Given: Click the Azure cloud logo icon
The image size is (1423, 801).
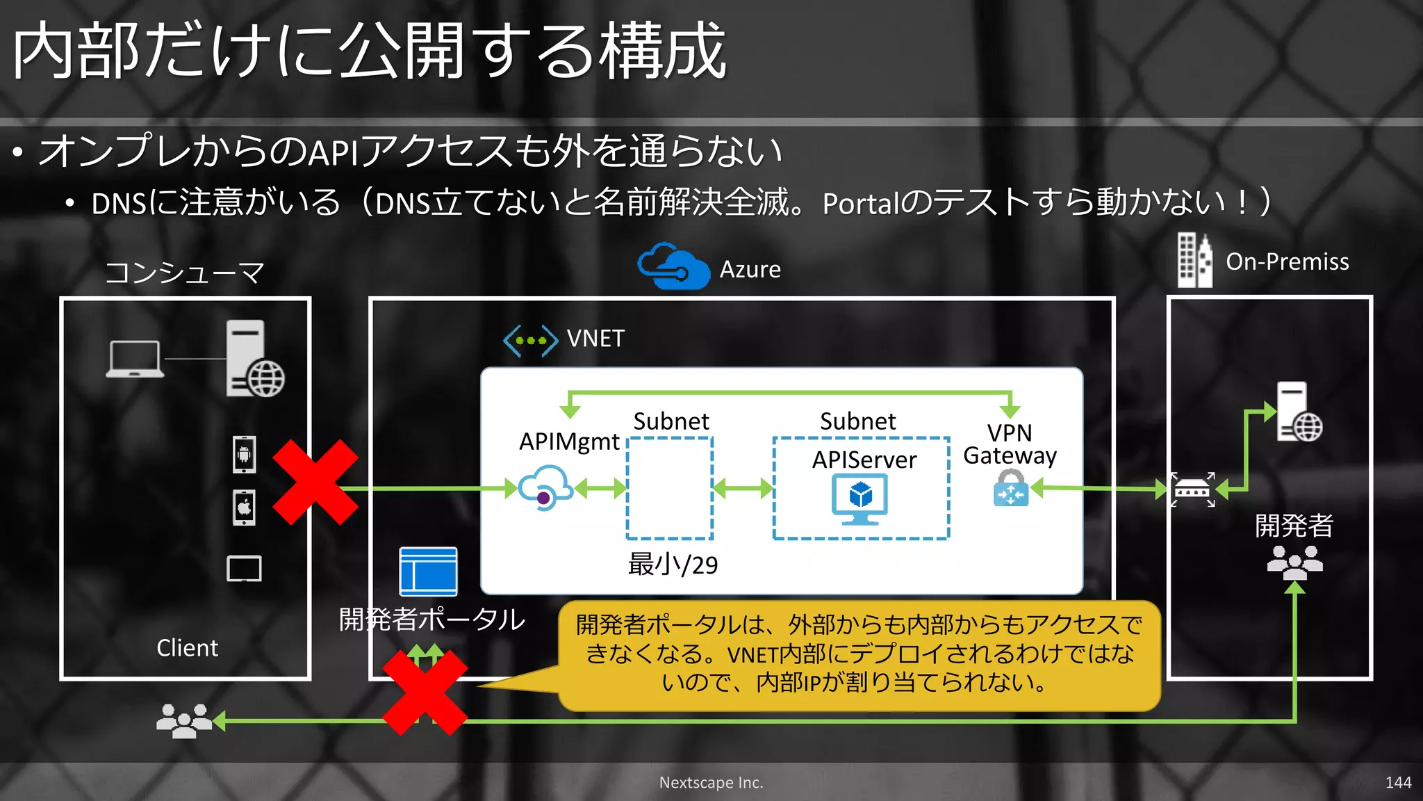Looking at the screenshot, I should coord(673,266).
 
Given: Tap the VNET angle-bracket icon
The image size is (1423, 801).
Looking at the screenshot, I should coord(530,341).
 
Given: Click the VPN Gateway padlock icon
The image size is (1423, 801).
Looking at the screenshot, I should coord(1010,488).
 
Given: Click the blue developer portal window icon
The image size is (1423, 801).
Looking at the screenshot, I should coord(428,572).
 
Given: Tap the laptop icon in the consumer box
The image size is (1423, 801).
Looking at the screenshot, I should coord(135,359).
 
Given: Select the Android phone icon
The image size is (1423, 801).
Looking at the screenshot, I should coord(244,455).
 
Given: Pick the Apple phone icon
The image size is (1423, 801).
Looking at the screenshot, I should coord(244,507).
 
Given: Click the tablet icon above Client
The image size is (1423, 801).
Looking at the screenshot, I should coord(244,569).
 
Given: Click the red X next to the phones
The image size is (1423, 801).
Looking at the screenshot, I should coord(315,482).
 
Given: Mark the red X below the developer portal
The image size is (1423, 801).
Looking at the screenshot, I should coord(425,693).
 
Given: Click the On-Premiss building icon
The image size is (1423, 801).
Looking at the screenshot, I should coord(1194,261).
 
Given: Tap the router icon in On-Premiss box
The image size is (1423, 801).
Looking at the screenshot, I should coord(1192,490).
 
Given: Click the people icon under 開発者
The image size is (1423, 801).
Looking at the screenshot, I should coord(1294,562).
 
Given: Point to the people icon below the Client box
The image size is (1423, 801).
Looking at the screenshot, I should coord(184,720).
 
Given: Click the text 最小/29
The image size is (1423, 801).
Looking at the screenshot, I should coord(673,565).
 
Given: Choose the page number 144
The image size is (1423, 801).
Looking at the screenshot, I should coord(1398,782).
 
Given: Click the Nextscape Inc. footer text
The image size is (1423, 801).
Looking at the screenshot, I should coord(711,782).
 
